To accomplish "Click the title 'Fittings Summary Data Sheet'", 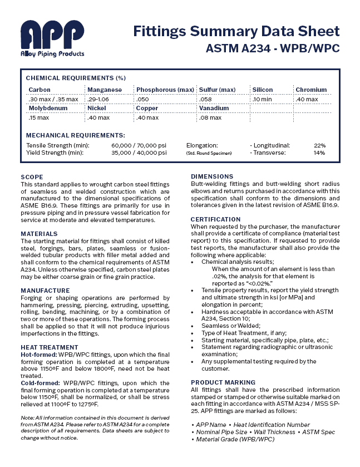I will click(x=236, y=31).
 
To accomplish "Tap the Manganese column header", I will click(x=104, y=90).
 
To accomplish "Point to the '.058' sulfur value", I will click(x=206, y=99).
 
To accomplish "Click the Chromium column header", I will click(x=311, y=90).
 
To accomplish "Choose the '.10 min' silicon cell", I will click(x=262, y=99).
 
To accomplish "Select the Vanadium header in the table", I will click(x=214, y=108).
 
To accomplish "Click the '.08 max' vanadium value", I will click(x=210, y=117).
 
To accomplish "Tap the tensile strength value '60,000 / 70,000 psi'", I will click(x=139, y=145).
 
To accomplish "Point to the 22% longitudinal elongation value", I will click(x=319, y=145).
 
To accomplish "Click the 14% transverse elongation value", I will click(x=319, y=152).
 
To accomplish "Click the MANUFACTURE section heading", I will click(x=45, y=291).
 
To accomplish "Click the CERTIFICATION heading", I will click(x=216, y=219).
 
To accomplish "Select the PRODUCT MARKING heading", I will click(x=223, y=382).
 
